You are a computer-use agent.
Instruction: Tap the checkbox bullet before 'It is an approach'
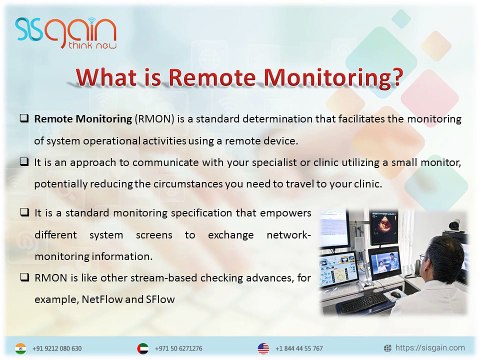pos(22,162)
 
